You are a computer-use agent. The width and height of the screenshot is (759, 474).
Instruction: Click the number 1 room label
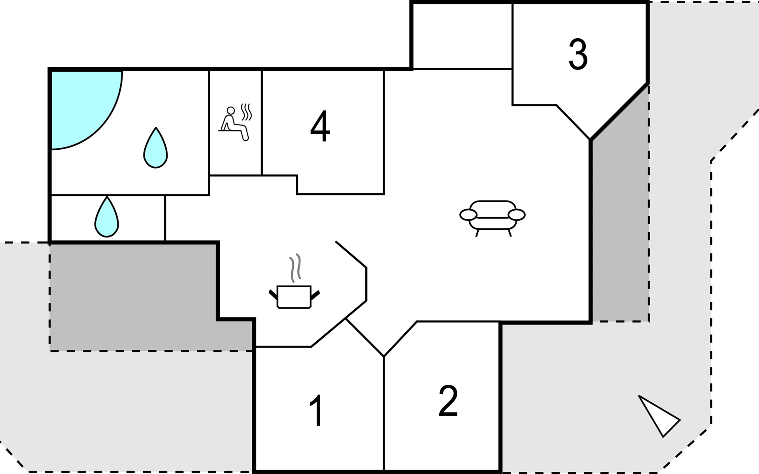pyautogui.click(x=317, y=411)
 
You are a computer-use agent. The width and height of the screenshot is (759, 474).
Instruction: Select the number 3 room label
pyautogui.click(x=578, y=55)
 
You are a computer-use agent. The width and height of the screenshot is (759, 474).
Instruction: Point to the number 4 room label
pyautogui.click(x=320, y=126)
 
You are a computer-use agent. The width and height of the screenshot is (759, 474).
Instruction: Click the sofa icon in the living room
pyautogui.click(x=493, y=217)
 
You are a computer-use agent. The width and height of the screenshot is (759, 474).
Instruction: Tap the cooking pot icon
pyautogui.click(x=294, y=296)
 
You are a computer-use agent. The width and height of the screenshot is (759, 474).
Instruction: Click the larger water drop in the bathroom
pyautogui.click(x=155, y=148)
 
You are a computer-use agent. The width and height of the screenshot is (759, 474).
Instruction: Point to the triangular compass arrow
pyautogui.click(x=658, y=416)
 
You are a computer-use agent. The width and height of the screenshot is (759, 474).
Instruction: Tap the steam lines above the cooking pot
pyautogui.click(x=295, y=268)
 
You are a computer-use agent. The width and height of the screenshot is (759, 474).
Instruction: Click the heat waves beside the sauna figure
pyautogui.click(x=247, y=112)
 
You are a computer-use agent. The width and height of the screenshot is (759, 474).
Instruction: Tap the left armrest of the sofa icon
pyautogui.click(x=468, y=215)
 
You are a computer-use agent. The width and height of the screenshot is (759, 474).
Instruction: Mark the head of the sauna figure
pyautogui.click(x=231, y=110)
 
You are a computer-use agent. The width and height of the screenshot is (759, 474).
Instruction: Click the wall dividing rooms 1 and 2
pyautogui.click(x=384, y=413)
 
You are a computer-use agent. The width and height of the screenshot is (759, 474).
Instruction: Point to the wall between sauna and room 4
pyautogui.click(x=262, y=122)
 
